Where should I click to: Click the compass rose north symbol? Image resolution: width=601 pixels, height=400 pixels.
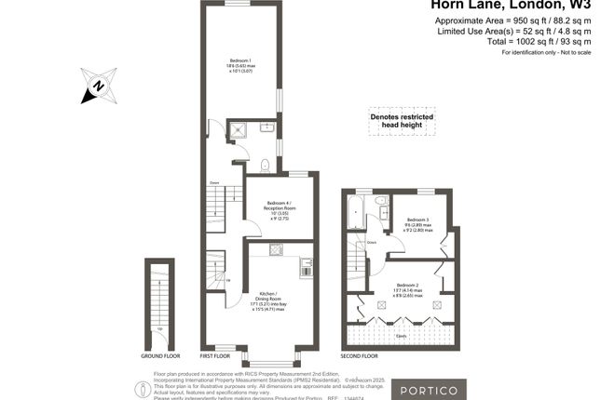pos(97,86)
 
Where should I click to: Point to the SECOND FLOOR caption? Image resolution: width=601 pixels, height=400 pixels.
pos(359,356)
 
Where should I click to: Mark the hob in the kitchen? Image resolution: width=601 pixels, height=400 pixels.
pos(277,249)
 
